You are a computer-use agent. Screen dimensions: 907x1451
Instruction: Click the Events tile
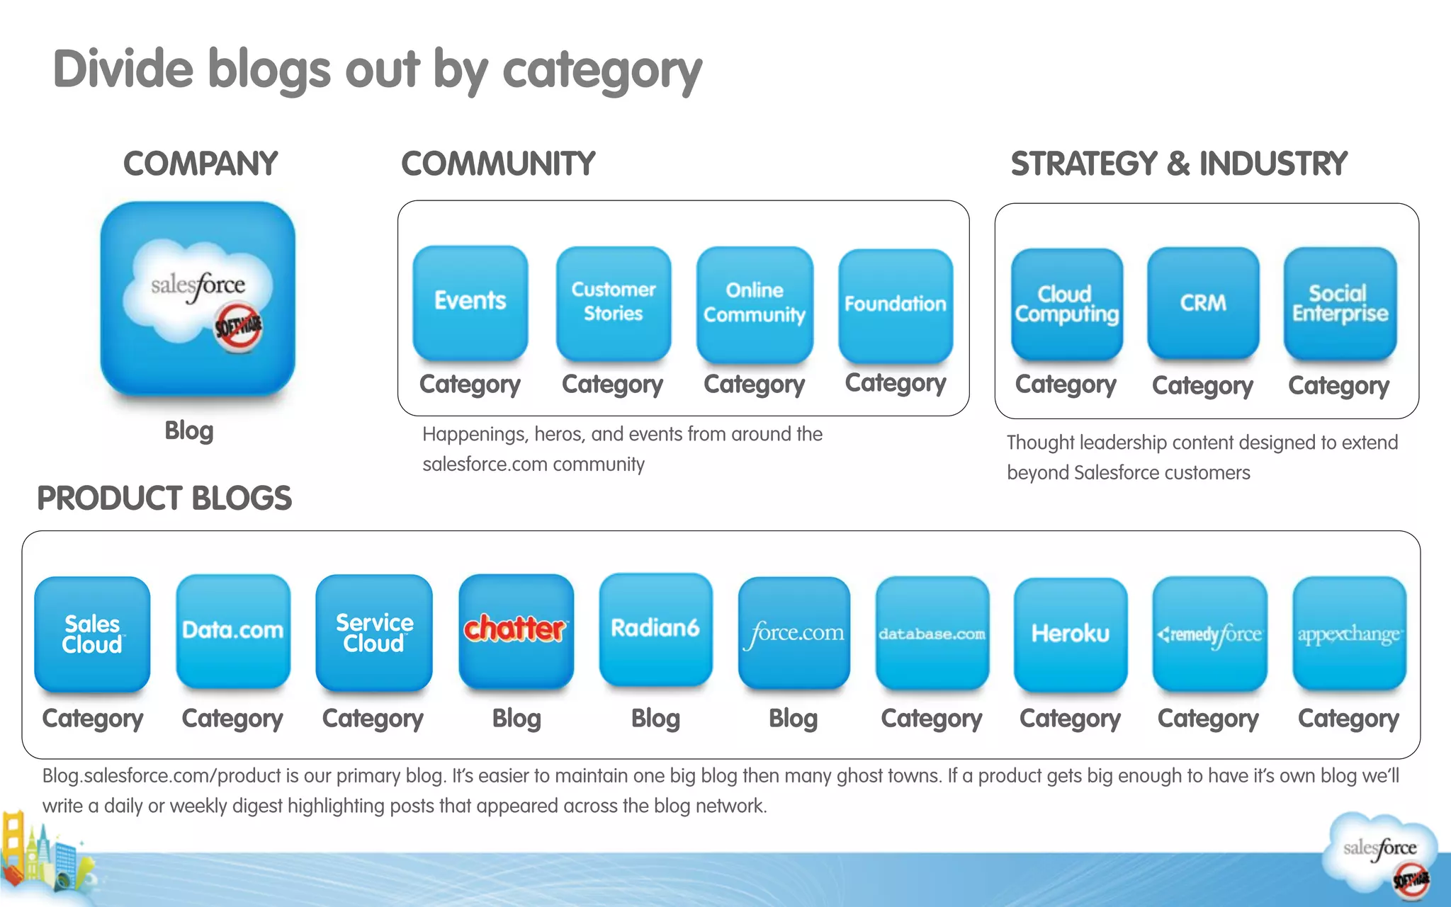coord(470,302)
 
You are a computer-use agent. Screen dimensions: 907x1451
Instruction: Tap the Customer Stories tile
coord(614,302)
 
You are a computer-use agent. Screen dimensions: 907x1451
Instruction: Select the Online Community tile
coord(755,303)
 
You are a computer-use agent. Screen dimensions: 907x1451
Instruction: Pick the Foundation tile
coord(896,304)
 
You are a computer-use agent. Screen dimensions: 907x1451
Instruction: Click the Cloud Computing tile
coord(1067,304)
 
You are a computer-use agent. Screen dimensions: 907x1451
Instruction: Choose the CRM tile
coord(1203,303)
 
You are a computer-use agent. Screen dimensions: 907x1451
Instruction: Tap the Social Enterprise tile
coord(1340,303)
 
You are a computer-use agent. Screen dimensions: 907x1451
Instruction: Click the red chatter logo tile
coord(516,630)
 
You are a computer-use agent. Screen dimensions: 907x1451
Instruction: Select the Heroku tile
coord(1071,634)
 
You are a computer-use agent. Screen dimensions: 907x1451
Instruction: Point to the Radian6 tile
coord(655,629)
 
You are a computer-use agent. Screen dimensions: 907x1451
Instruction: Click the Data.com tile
coord(233,630)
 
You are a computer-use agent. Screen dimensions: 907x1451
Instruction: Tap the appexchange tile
coord(1349,634)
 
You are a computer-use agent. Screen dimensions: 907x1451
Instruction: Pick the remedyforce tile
coord(1209,634)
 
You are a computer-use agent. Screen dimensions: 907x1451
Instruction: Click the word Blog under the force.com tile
coord(794,719)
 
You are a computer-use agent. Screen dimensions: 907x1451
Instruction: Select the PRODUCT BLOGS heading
coord(164,498)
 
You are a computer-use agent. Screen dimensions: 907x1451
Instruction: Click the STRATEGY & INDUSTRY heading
coord(1179,164)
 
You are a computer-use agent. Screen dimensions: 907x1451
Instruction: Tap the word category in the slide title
coord(602,71)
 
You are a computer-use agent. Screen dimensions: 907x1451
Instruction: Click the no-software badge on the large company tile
coord(239,328)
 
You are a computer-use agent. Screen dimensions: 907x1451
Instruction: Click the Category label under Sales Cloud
coord(93,719)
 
